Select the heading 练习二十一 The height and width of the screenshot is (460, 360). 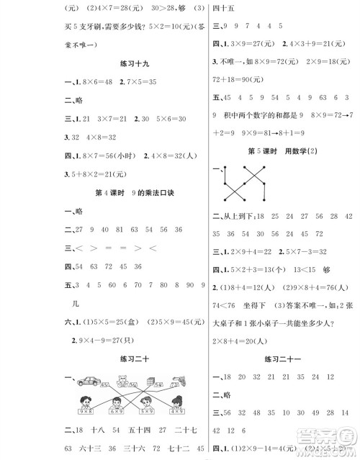tap(286, 356)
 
